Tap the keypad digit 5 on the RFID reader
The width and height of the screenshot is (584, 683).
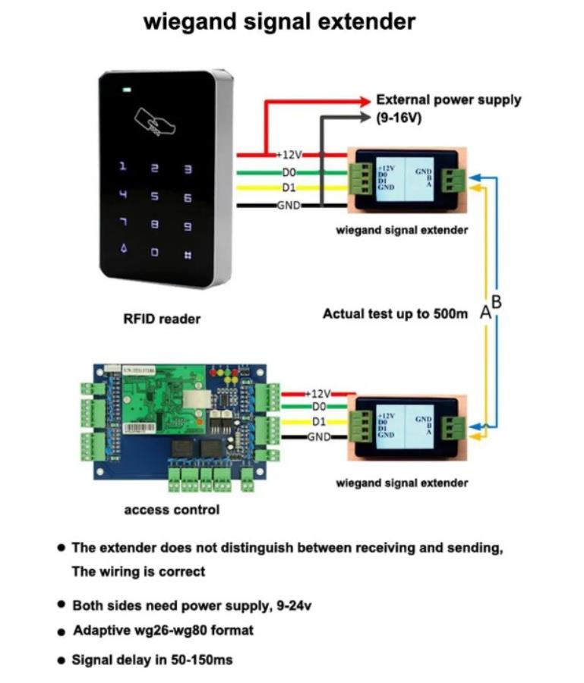pos(155,197)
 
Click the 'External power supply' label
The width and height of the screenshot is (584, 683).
pos(448,99)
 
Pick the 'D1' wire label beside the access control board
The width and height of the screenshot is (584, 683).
pos(320,422)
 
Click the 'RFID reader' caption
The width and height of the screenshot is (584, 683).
pos(162,319)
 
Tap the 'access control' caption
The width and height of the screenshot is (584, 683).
pos(172,510)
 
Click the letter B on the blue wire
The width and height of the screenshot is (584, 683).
pos(497,301)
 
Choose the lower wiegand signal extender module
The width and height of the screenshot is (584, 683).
pos(403,427)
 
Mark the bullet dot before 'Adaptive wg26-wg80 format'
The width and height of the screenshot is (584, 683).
pos(61,631)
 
